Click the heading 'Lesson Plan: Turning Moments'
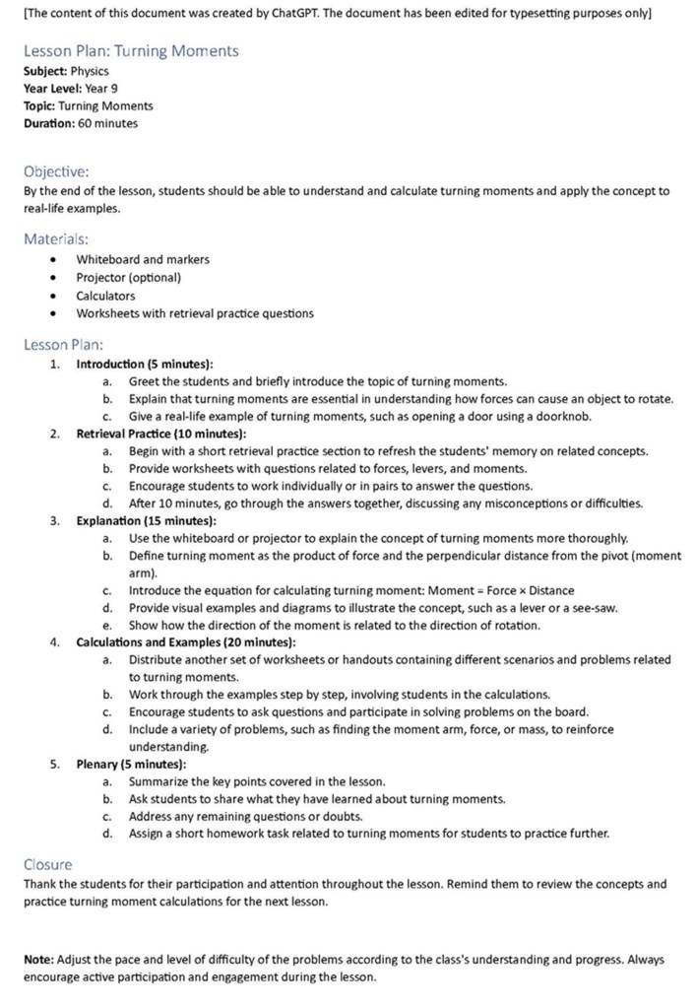131,50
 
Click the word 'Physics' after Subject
90,71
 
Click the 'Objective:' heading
56,171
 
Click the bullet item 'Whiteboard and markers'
143,259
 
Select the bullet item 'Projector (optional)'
129,278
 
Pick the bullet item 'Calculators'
106,296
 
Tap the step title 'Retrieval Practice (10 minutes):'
161,434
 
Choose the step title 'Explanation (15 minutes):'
147,520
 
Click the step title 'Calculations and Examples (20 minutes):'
185,642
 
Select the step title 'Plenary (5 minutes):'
131,764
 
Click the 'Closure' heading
47,864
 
